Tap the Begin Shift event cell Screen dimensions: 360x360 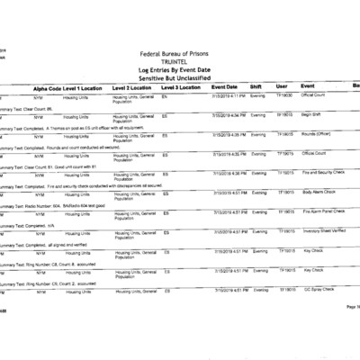313,115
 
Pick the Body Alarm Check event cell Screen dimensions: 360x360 319,192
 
